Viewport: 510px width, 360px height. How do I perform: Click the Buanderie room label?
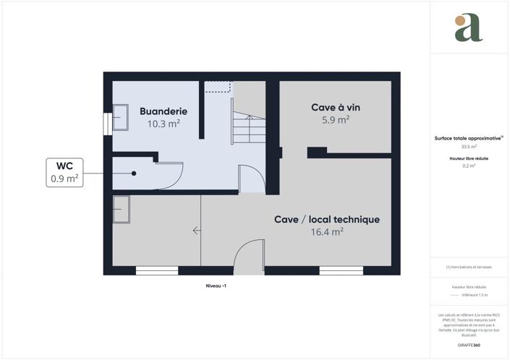coord(163,111)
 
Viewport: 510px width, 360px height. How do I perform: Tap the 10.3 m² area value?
coord(163,124)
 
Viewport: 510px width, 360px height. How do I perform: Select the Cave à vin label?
coord(336,107)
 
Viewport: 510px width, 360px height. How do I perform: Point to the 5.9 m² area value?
coord(336,120)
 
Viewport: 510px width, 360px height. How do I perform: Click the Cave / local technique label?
coord(327,219)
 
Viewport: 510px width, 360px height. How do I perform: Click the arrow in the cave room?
coord(197,231)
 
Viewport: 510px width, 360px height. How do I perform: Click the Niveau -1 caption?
coord(216,286)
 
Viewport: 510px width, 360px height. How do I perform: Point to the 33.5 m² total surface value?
coord(469,147)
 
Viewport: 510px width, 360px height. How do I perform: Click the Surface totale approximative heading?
coord(469,137)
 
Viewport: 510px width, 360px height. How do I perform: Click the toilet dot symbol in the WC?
coord(134,173)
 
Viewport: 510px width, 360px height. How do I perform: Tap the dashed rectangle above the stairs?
coord(217,87)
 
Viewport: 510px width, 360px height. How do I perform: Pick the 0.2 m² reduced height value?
coord(469,166)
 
